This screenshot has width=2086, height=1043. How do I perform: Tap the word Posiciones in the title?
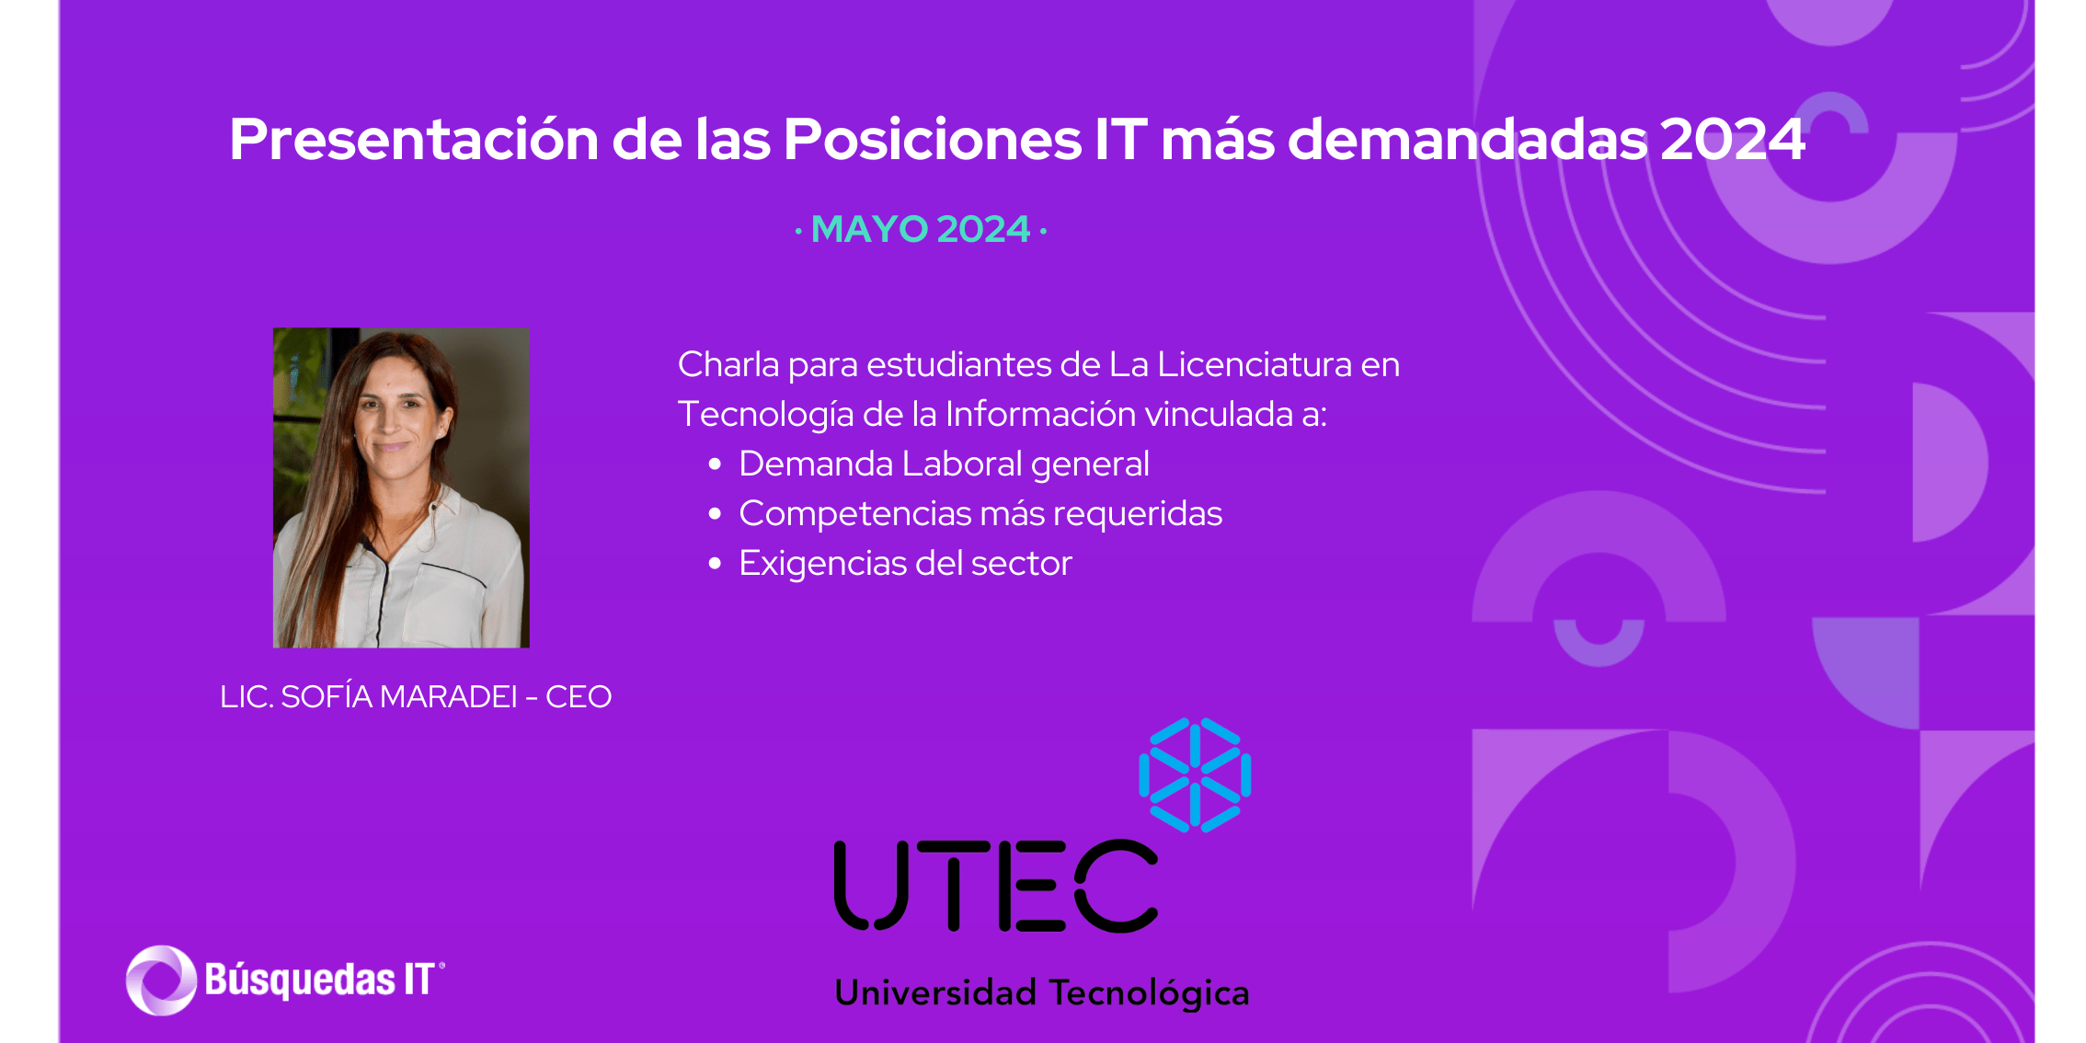(x=932, y=140)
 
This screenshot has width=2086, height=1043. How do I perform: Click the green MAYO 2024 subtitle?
(x=921, y=229)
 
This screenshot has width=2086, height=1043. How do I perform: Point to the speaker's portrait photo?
(x=401, y=487)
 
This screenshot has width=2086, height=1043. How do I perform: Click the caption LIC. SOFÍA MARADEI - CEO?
(x=416, y=696)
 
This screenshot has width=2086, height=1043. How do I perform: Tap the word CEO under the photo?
(x=579, y=697)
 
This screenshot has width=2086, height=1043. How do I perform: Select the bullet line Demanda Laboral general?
(x=944, y=464)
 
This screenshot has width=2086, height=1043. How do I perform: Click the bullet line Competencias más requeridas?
(x=980, y=513)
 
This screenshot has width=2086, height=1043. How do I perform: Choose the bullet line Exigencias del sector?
(x=905, y=563)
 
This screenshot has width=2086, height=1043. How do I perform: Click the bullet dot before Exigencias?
(x=715, y=564)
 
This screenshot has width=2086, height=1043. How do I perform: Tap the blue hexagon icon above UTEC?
(x=1195, y=775)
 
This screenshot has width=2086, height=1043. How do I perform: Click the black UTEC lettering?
(x=996, y=885)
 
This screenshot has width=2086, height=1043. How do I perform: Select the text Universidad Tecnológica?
(x=1042, y=993)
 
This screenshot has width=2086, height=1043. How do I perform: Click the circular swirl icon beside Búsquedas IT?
(x=161, y=980)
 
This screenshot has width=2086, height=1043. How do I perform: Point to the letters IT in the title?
(x=1121, y=140)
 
